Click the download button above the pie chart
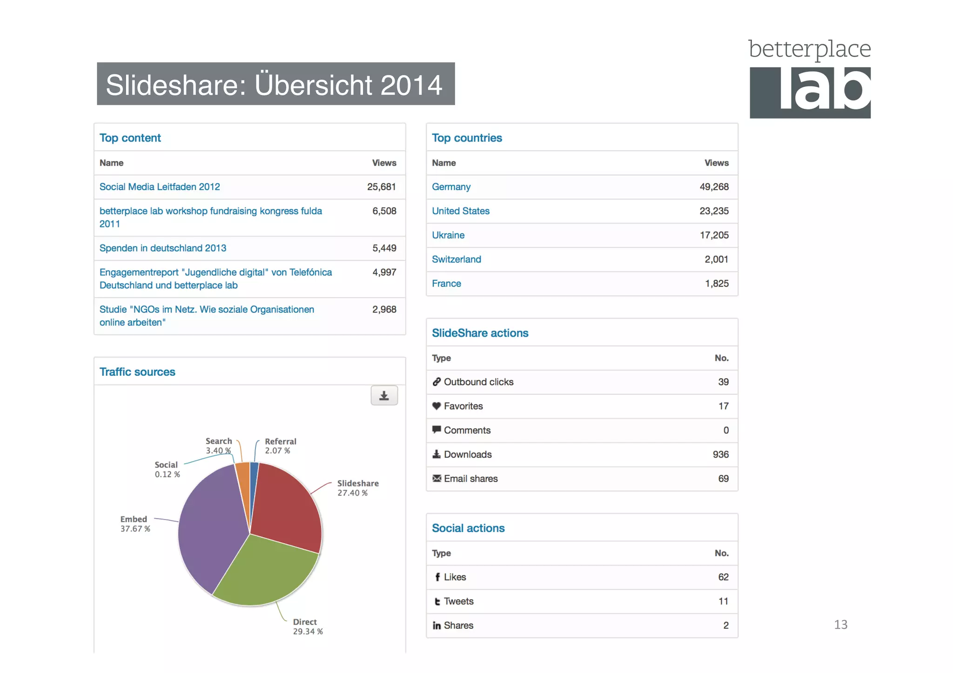tap(384, 396)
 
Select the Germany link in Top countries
tap(451, 187)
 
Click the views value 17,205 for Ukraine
tap(714, 235)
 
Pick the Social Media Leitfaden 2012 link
tap(160, 187)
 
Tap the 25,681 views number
tap(381, 187)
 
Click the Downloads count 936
tap(720, 454)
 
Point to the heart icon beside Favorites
tap(436, 406)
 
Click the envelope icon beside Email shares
tap(436, 479)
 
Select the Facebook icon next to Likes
tap(437, 577)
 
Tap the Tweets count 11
tap(723, 601)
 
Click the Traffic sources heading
tap(137, 372)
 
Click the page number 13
tap(840, 625)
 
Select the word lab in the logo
tap(824, 91)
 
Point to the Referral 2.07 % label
tap(280, 446)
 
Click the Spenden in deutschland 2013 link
tap(163, 248)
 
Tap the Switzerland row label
tap(456, 260)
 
